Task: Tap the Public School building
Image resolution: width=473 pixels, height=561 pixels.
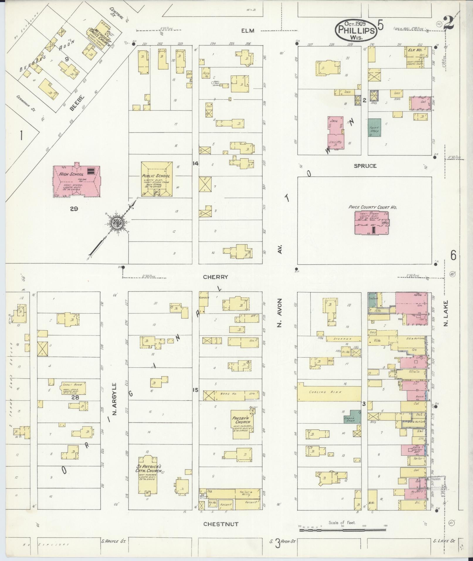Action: (157, 179)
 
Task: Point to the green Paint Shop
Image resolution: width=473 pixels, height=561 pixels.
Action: (374, 128)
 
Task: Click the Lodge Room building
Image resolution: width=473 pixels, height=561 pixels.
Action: (74, 388)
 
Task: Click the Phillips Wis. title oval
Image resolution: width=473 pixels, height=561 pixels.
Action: (356, 30)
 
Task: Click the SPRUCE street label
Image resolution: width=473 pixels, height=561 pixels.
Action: (365, 166)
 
